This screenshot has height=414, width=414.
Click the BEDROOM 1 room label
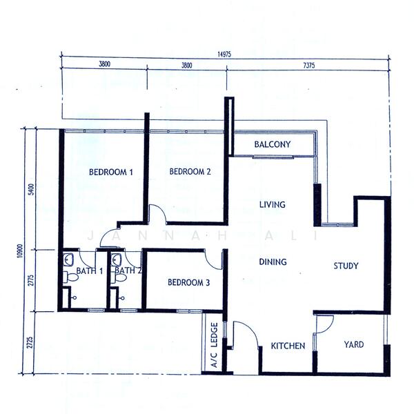click(110, 172)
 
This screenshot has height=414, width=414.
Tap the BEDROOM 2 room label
click(190, 172)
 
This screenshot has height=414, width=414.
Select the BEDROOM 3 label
click(188, 283)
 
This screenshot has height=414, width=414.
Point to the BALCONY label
click(272, 145)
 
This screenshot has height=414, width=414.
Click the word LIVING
click(273, 205)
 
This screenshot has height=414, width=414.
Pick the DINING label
click(273, 262)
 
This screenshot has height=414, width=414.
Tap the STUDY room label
click(346, 266)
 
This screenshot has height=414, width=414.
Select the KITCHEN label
click(288, 346)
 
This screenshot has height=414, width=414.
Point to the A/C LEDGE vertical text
click(215, 345)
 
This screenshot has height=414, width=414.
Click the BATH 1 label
click(90, 271)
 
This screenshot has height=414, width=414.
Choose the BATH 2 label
click(128, 271)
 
